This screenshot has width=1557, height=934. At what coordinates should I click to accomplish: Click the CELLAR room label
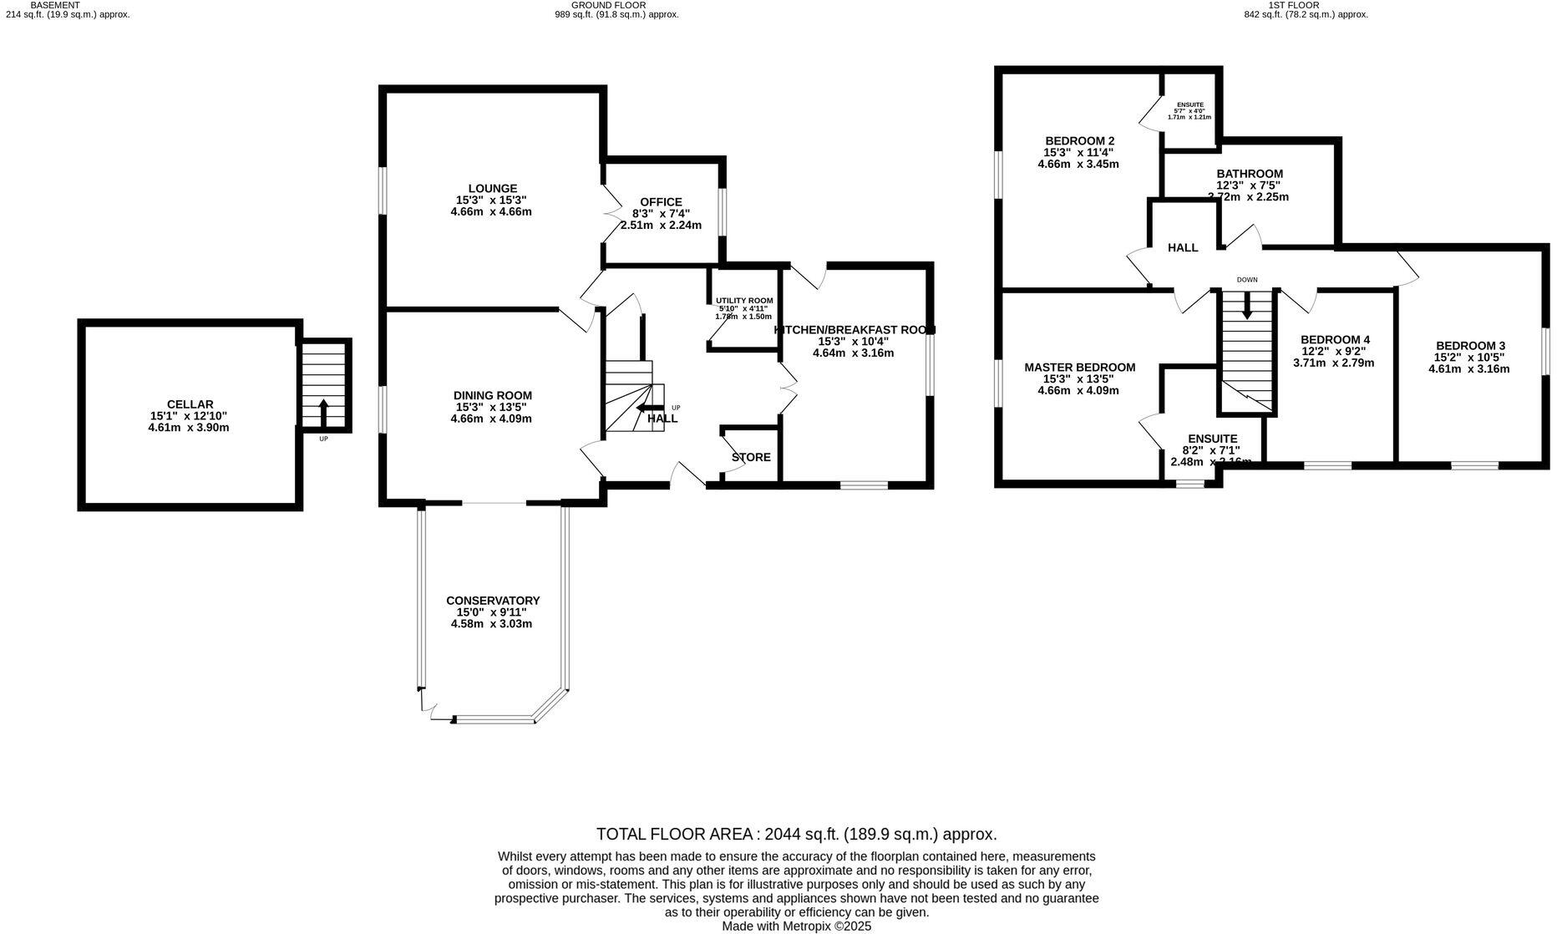190,404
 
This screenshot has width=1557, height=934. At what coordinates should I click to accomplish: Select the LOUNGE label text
492,189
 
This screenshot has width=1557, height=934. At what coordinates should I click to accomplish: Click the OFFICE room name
661,202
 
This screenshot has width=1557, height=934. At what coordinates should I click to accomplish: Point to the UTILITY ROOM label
743,301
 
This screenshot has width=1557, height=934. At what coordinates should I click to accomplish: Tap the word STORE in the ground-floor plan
751,458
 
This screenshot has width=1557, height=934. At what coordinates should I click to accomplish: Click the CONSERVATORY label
492,601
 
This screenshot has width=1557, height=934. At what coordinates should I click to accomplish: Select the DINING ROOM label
492,396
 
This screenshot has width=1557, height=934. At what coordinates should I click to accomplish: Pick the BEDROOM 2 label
1079,140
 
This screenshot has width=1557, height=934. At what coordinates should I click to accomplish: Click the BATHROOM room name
1249,174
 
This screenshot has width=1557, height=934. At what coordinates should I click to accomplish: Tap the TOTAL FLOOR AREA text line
796,834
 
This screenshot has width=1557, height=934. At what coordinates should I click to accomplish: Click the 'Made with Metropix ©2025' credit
796,926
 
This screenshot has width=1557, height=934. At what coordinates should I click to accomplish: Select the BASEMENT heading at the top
55,5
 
